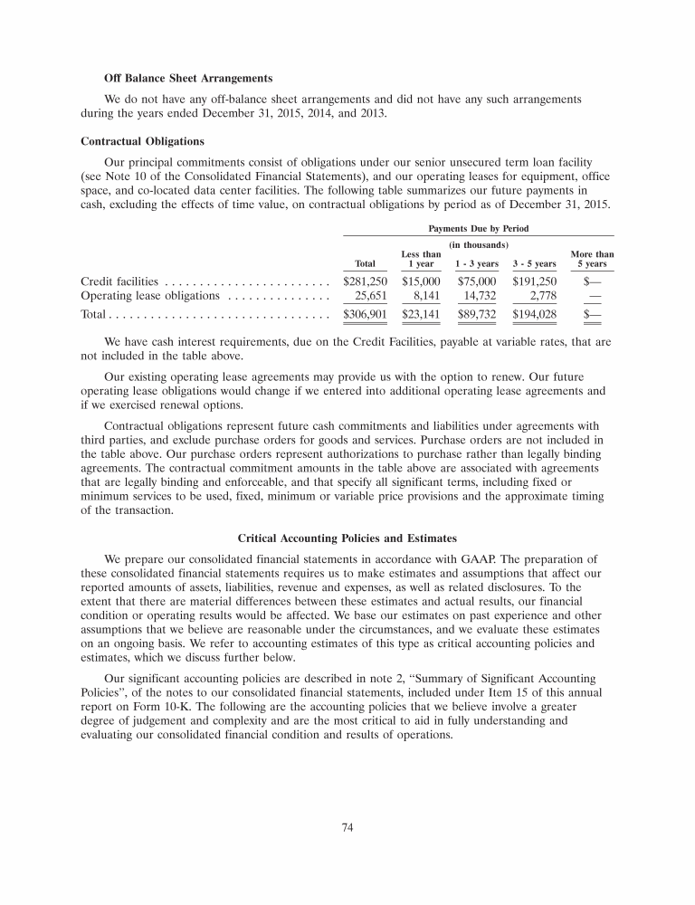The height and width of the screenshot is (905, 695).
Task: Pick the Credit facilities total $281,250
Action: point(366,281)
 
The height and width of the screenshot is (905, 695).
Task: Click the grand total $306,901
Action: point(366,314)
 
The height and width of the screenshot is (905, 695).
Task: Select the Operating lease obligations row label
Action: point(150,295)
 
